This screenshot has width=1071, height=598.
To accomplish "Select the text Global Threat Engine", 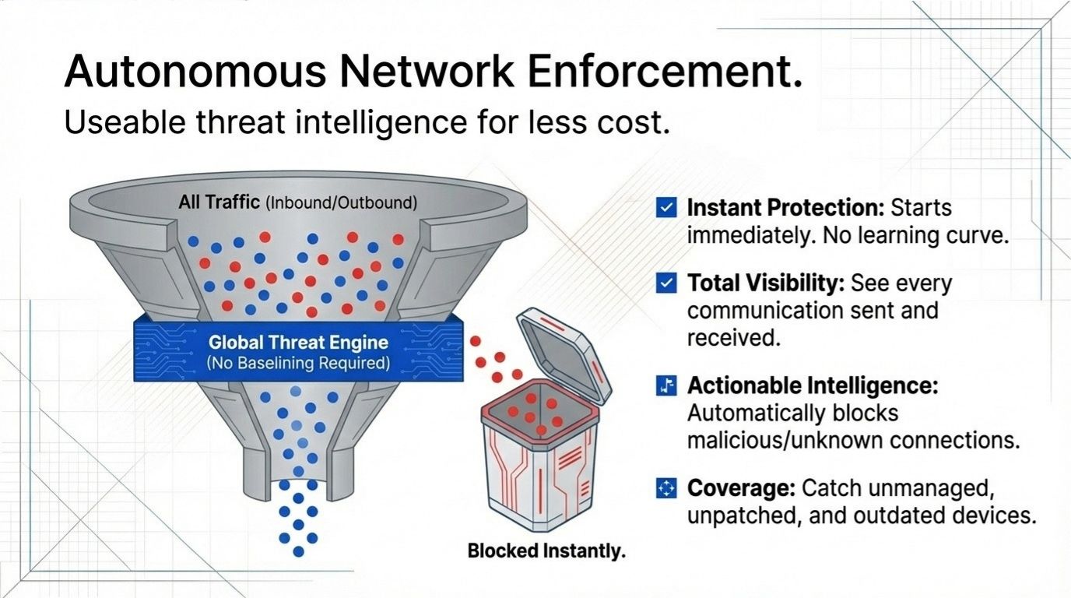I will point(298,343).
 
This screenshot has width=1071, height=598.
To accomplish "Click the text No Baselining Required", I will point(298,363).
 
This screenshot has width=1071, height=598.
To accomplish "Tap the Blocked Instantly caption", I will point(546,551).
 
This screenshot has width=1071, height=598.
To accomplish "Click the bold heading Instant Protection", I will point(785,208).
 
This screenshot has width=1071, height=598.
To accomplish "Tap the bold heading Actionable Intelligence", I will point(813,385).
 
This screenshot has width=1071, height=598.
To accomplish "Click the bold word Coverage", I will point(740,489).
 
